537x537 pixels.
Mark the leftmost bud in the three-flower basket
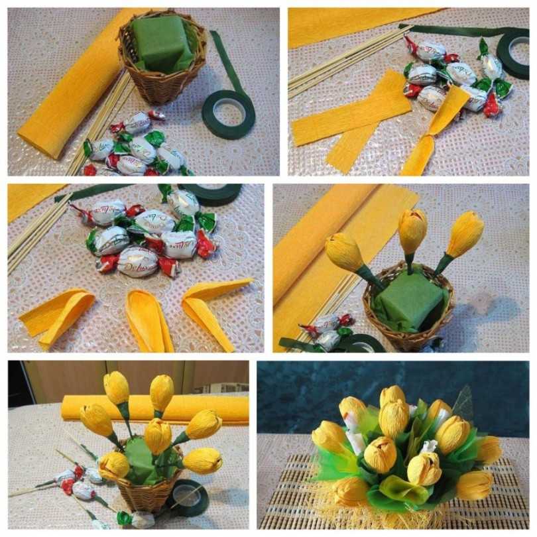click(345, 253)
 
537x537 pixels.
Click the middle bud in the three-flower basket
click(412, 231)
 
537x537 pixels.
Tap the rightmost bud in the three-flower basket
click(465, 233)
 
